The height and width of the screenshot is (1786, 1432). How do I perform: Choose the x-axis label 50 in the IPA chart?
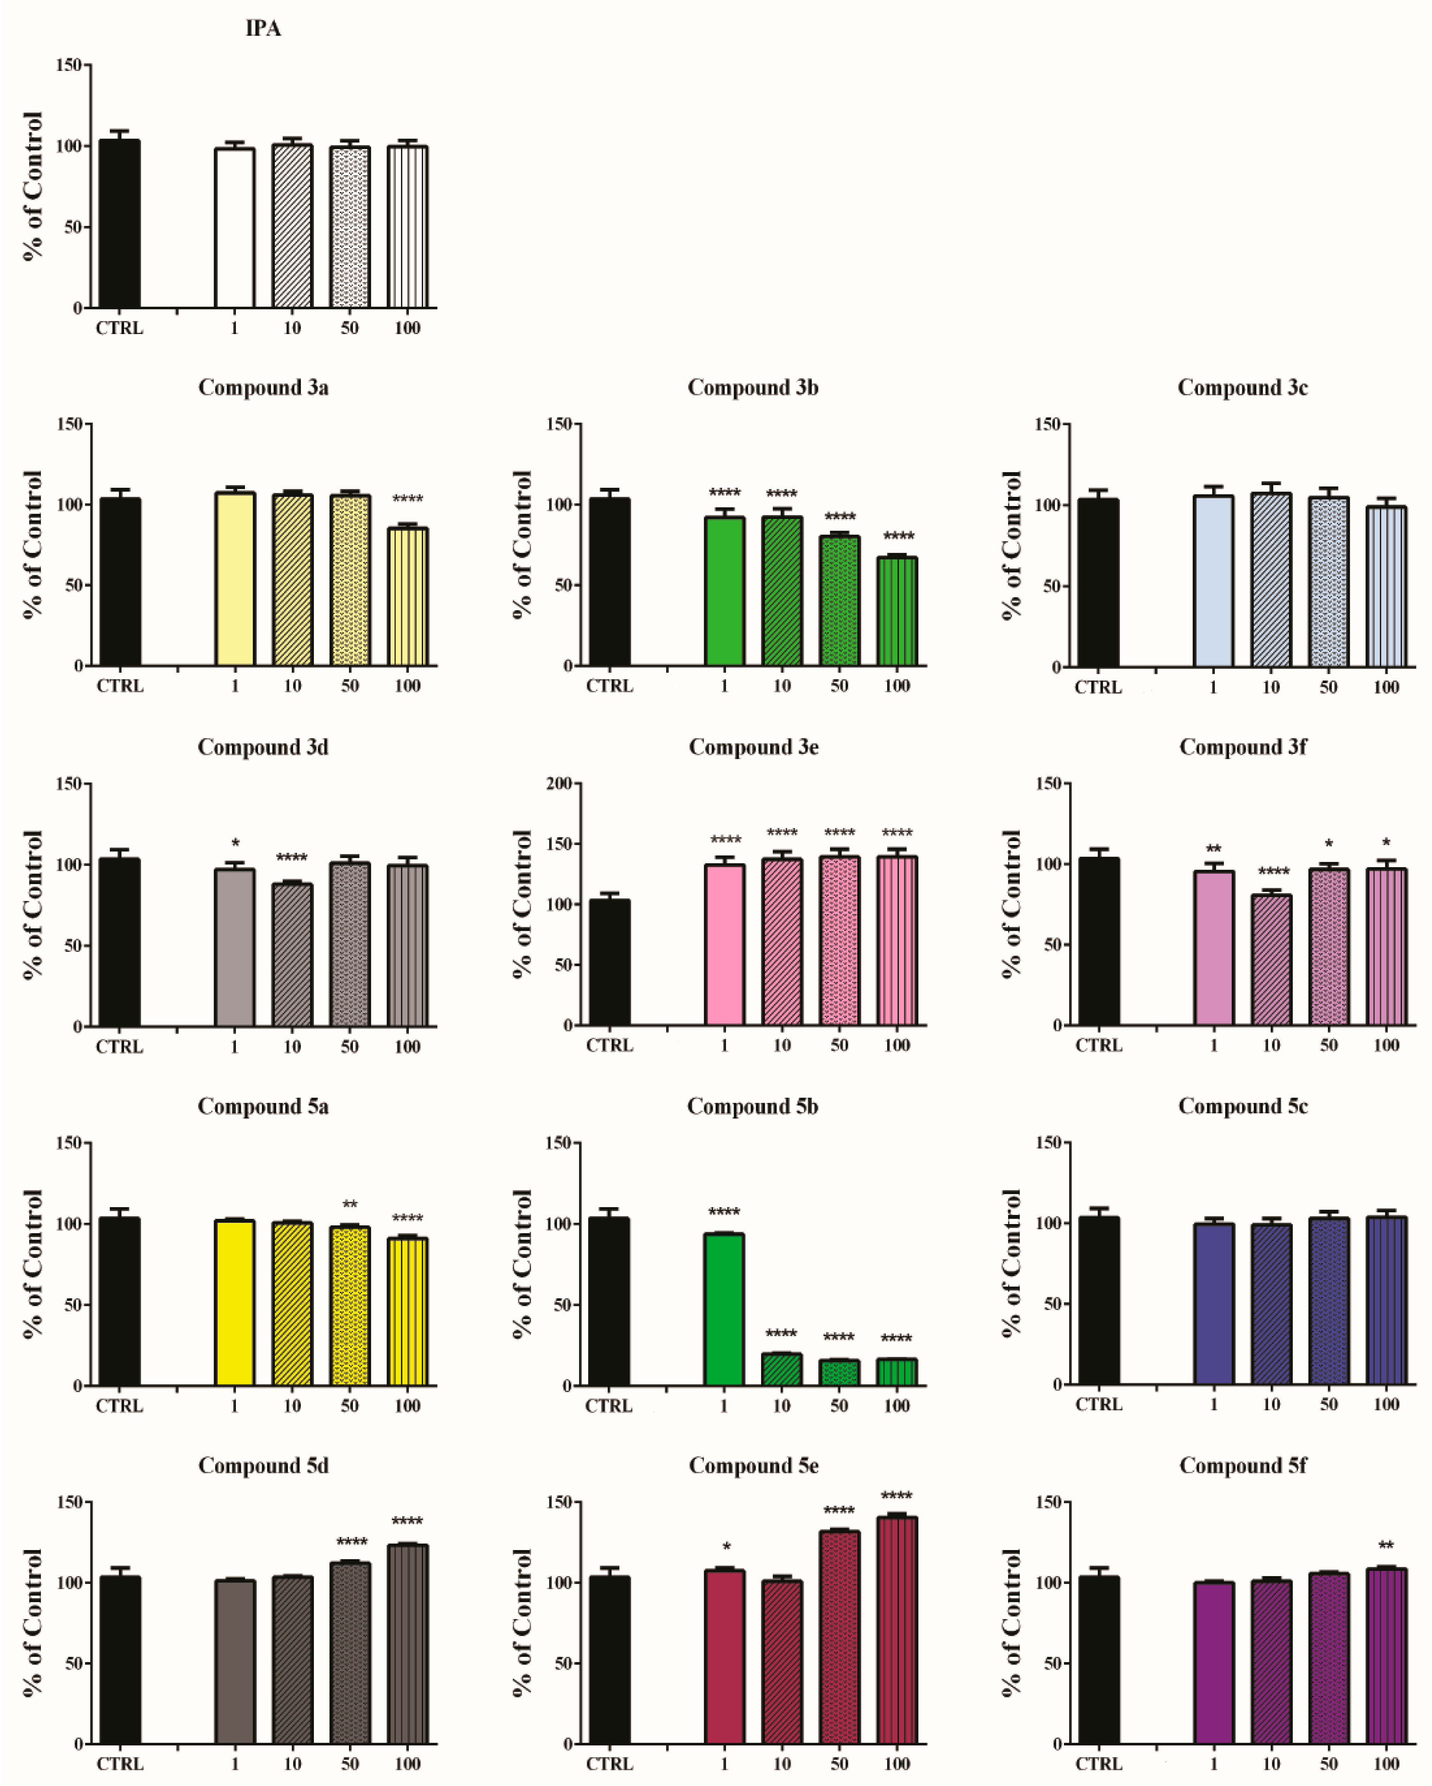pyautogui.click(x=349, y=328)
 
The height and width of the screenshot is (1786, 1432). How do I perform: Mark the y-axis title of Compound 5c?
pyautogui.click(x=1012, y=1263)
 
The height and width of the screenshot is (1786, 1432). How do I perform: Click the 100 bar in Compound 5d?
pyautogui.click(x=407, y=1644)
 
